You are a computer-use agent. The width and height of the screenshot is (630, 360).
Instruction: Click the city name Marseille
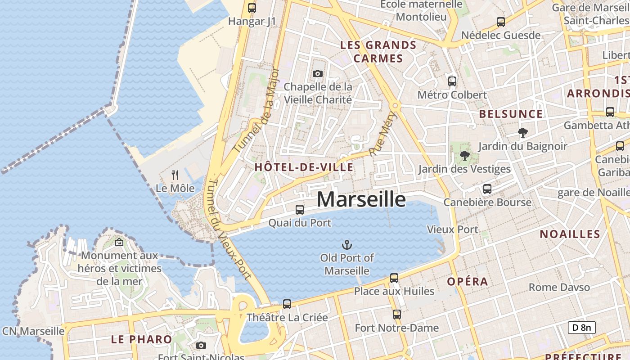coord(361,199)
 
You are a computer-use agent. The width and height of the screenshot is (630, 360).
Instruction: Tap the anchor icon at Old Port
coord(347,245)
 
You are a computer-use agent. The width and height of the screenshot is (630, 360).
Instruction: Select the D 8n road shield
coord(581,327)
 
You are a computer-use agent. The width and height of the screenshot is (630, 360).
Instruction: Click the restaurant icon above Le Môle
coord(175,175)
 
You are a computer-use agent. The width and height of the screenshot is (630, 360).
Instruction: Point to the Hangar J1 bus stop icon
coord(252,8)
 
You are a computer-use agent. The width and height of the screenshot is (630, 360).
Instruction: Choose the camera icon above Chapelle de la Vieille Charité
coord(318,73)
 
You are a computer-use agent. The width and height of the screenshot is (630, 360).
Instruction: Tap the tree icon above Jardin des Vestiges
coord(465,156)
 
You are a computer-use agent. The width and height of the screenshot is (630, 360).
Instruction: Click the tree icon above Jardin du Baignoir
coord(522,133)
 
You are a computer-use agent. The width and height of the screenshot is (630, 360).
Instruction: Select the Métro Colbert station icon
coord(452,81)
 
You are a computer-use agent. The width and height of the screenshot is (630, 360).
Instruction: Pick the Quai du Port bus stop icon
coord(300,209)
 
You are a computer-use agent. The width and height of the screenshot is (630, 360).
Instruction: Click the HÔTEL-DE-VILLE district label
coord(304,167)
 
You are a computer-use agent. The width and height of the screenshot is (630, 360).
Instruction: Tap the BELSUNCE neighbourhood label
coord(511,114)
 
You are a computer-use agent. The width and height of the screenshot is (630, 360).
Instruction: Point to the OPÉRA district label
coord(467,282)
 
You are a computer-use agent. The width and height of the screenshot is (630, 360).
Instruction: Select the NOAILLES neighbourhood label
coord(570,234)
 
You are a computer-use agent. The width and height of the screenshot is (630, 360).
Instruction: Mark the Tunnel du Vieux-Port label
coord(229,229)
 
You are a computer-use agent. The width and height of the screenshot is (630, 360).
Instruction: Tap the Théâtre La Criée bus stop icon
coord(287,304)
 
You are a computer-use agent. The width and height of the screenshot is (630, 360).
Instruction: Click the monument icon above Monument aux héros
coord(119,242)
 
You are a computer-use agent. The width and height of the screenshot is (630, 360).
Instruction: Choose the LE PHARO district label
coord(141,339)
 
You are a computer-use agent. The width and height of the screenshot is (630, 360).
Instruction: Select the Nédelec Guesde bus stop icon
coord(501,22)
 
